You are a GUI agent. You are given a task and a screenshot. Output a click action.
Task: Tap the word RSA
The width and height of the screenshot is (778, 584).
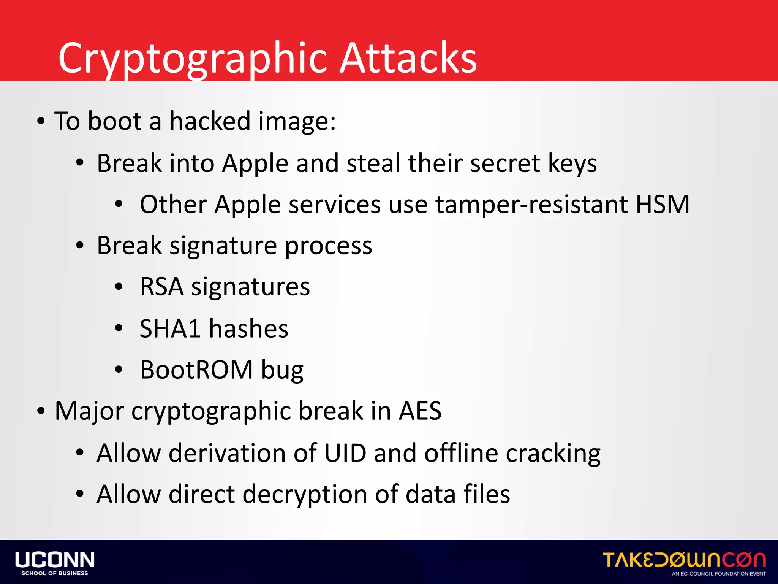[x=161, y=287]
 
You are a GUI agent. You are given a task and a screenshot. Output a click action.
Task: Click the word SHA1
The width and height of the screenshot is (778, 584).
[x=170, y=328]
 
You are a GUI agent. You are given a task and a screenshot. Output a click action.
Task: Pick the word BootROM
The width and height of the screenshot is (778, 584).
[x=196, y=370]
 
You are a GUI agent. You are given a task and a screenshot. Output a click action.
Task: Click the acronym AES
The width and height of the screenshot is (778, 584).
[x=420, y=411]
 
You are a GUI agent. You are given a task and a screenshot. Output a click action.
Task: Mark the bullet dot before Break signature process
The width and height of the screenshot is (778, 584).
[x=79, y=246]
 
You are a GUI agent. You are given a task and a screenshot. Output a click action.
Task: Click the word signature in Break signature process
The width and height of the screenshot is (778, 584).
[x=223, y=246]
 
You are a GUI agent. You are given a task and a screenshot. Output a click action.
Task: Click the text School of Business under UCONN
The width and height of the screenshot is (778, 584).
[x=55, y=573]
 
